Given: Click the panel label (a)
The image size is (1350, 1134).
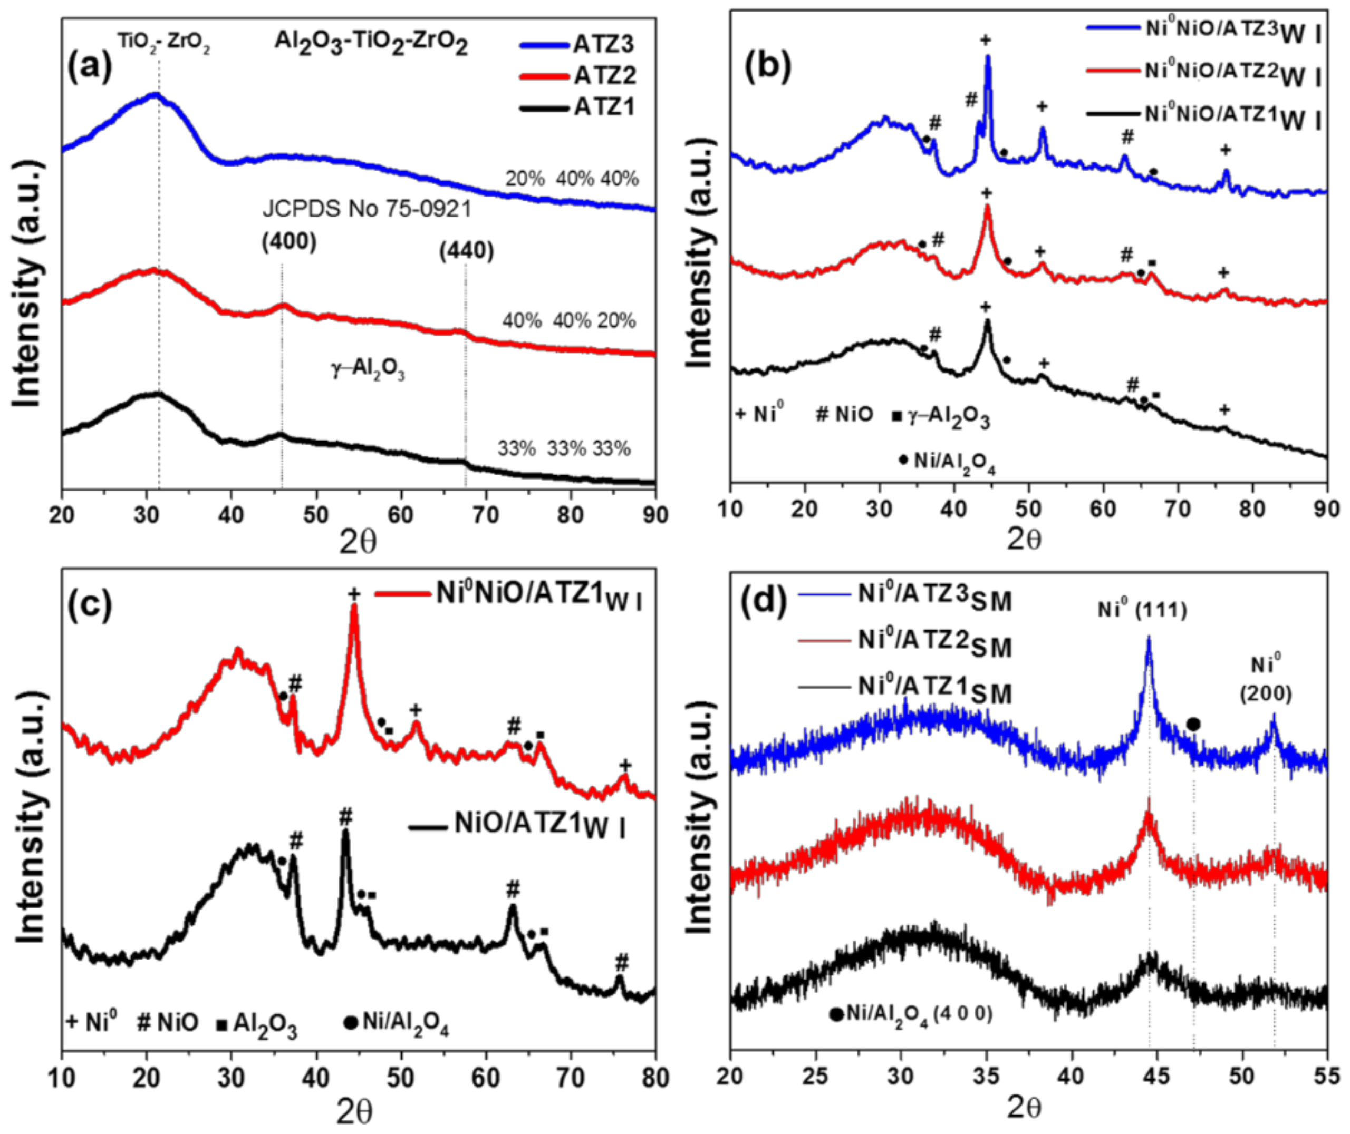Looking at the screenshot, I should point(90,67).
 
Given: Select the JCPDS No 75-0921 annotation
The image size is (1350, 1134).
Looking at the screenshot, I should point(367,209).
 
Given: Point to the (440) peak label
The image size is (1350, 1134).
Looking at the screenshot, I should point(466,251).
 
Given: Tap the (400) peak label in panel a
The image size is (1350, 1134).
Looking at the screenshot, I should point(289,242).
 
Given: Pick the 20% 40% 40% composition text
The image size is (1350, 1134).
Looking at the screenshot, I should point(571,179).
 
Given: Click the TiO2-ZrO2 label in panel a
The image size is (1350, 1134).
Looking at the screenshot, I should point(163,43).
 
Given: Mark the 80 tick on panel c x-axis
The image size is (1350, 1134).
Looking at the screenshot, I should point(654,1078).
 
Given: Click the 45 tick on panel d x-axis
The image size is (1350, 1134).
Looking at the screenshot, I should point(1157,1078).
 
